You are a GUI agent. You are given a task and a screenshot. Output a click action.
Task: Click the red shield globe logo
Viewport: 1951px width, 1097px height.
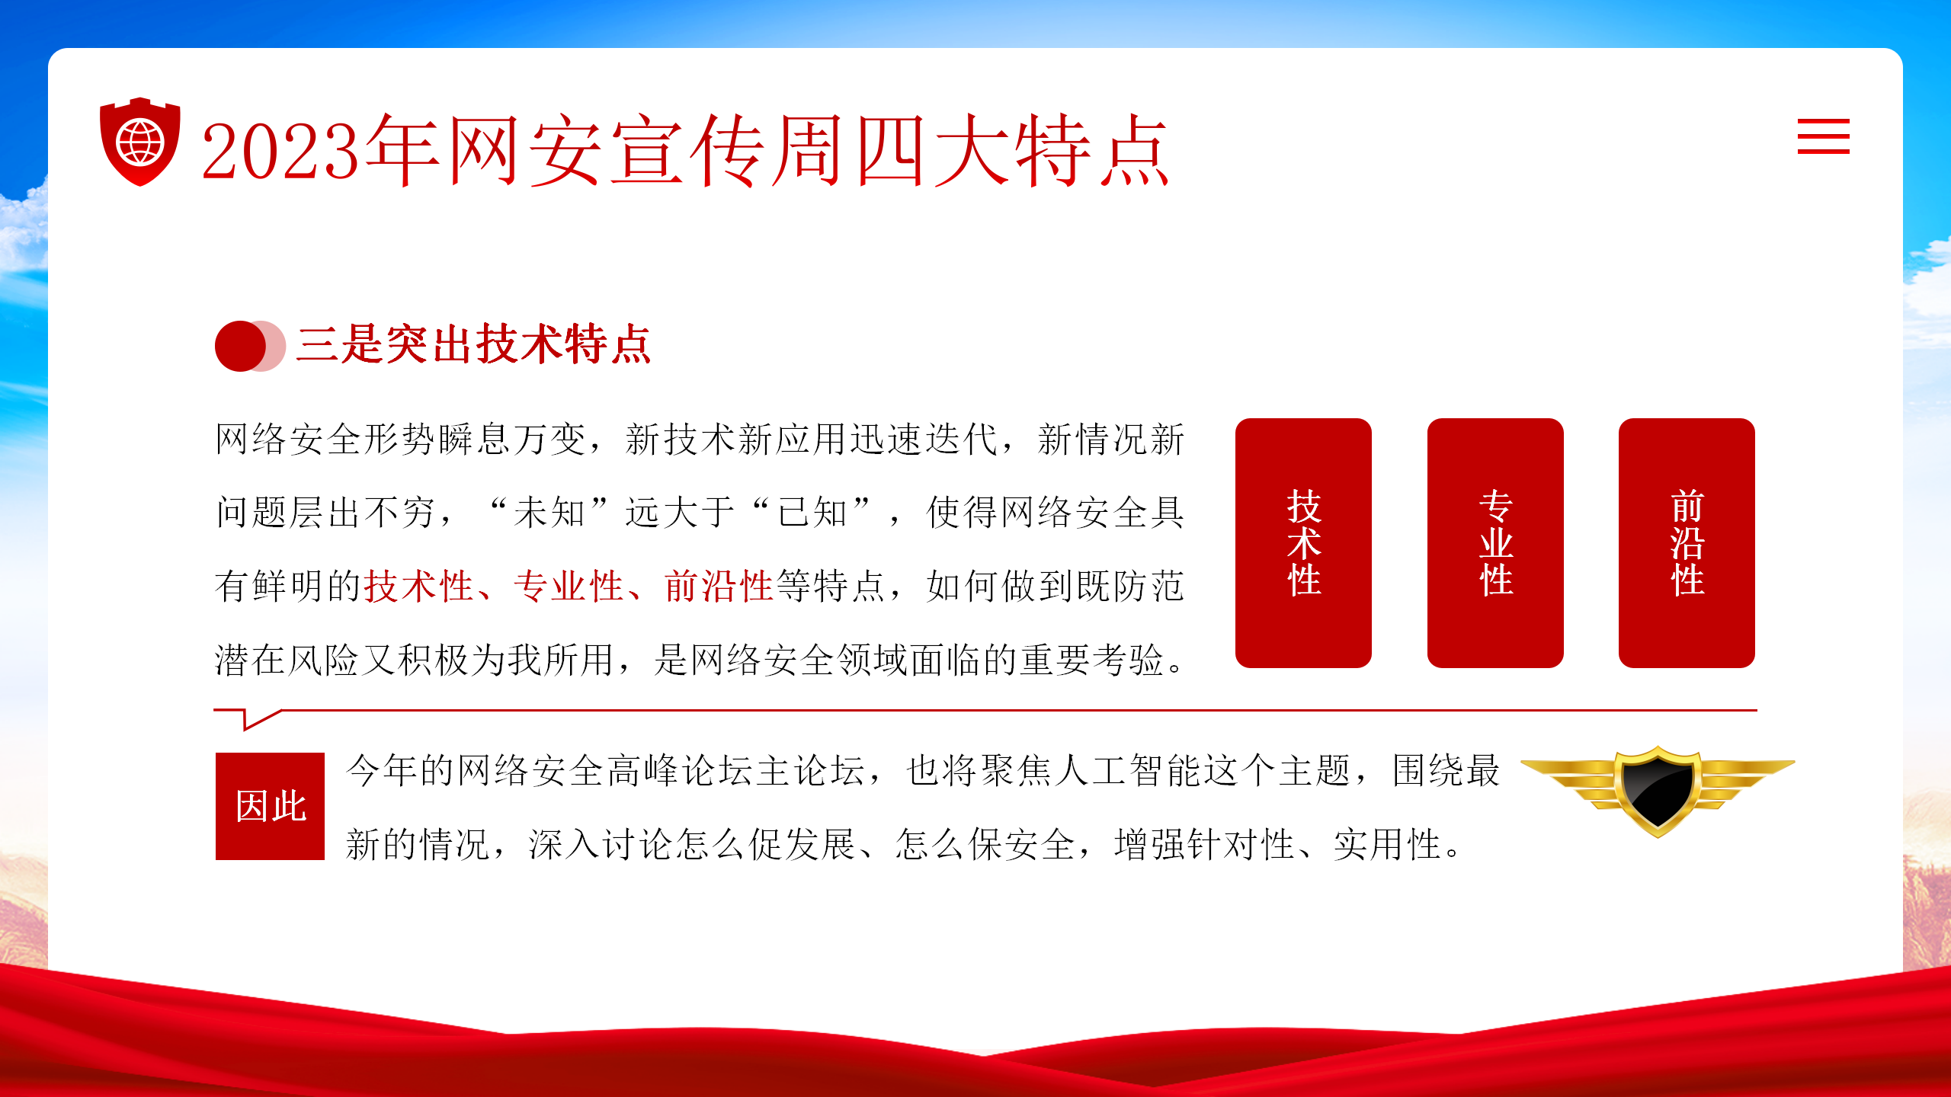click(140, 142)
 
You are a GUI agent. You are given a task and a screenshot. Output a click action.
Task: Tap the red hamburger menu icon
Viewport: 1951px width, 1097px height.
click(1823, 136)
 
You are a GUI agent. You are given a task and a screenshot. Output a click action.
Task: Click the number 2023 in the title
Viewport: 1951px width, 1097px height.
click(280, 151)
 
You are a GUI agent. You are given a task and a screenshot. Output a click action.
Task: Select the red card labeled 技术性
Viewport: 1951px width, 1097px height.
click(1303, 542)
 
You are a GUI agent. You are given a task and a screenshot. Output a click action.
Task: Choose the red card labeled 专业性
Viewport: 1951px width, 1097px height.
click(1495, 542)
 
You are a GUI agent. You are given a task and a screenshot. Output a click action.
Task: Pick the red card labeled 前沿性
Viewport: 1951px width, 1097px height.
click(1687, 542)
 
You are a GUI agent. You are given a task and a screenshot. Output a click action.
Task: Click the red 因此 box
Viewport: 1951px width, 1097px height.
click(270, 806)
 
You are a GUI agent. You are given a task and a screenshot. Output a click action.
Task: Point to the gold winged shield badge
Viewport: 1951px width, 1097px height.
click(1658, 791)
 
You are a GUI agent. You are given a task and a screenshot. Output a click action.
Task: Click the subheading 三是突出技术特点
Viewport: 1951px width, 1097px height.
click(473, 344)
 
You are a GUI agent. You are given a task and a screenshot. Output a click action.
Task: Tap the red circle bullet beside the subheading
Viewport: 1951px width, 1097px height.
click(241, 346)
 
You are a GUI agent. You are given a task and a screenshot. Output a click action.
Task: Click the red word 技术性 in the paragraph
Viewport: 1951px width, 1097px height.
click(419, 586)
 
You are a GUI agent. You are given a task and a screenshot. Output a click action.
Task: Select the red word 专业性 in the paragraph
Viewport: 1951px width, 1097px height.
click(569, 586)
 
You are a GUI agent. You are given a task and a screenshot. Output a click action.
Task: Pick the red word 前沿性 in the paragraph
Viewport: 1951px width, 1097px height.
click(719, 586)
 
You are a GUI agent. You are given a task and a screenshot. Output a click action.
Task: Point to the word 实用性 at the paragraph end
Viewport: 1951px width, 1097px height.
click(1387, 844)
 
